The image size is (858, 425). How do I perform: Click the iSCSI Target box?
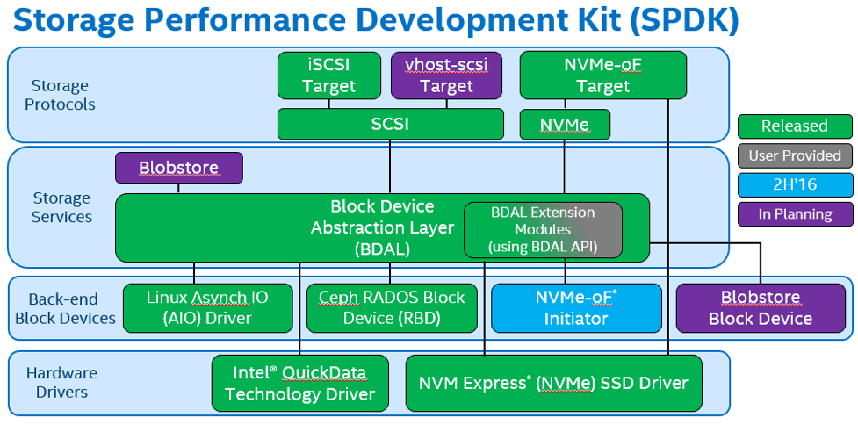[x=328, y=76]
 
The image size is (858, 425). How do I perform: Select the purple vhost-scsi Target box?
[x=446, y=76]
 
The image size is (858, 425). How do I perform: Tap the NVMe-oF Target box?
[x=602, y=76]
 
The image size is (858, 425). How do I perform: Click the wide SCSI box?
[x=390, y=124]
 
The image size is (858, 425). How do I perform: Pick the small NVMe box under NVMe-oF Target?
[x=565, y=124]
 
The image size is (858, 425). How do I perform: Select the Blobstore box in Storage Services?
[x=179, y=168]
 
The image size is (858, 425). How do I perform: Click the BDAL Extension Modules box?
[x=543, y=230]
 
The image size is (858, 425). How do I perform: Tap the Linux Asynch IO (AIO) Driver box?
[x=207, y=308]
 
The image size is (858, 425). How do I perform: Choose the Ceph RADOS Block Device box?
[x=392, y=308]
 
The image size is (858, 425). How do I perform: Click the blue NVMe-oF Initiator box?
[x=576, y=308]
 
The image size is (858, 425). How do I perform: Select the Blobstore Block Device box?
[x=761, y=308]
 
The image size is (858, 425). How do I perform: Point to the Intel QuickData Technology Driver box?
[x=299, y=384]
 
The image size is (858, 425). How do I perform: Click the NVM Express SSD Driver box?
[x=554, y=384]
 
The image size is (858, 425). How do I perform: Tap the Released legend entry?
[x=795, y=126]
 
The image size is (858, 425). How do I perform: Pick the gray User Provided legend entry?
[x=795, y=156]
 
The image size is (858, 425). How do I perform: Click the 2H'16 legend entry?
[x=795, y=185]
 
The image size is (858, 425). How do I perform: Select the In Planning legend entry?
[x=795, y=214]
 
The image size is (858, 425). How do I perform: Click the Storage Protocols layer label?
[x=61, y=95]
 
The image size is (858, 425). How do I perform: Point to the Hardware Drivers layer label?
[x=61, y=382]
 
